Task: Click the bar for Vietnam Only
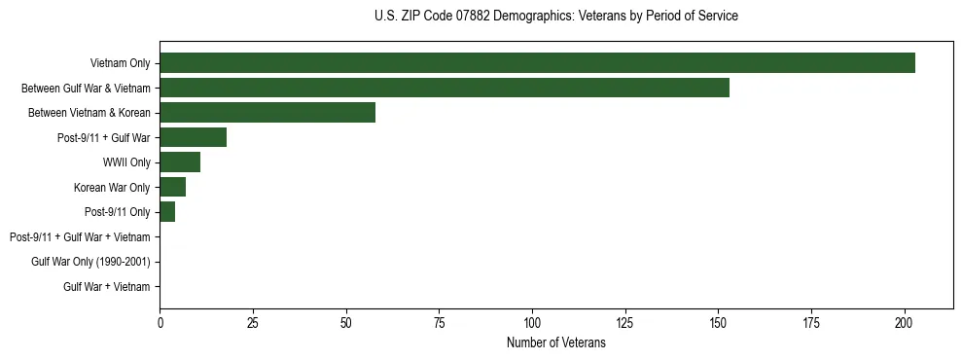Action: click(537, 63)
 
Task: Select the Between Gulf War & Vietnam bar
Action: click(445, 88)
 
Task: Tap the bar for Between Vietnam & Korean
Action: click(267, 113)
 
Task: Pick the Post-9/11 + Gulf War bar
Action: click(193, 137)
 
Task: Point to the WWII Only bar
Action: click(180, 162)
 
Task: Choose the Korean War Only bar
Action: click(172, 187)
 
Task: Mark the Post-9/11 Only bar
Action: click(167, 212)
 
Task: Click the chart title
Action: click(555, 17)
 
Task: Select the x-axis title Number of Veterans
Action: click(555, 342)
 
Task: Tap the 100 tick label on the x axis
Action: click(532, 321)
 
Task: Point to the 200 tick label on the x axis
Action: click(905, 321)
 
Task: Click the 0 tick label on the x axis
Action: click(160, 321)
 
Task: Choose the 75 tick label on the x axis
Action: click(439, 321)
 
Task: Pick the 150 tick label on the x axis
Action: click(718, 321)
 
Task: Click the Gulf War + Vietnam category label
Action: click(106, 286)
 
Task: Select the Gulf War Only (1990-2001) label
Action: click(90, 262)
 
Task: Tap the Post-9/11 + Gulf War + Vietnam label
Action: click(80, 236)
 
